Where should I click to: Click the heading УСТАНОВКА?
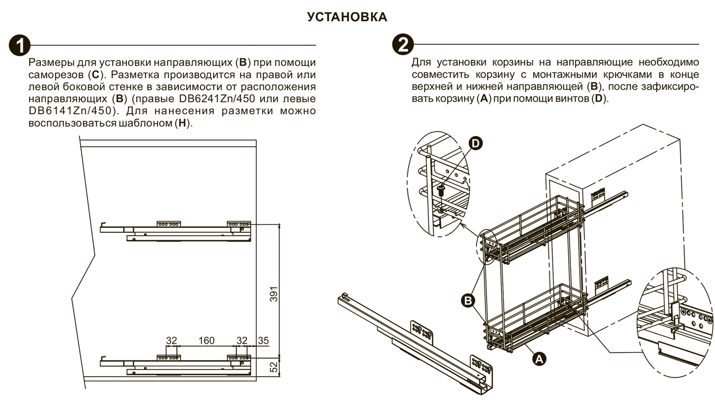tap(347, 17)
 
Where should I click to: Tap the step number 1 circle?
tap(19, 45)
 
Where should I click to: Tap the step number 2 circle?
tap(403, 45)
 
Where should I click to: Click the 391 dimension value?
tap(274, 294)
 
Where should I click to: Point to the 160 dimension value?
tap(206, 341)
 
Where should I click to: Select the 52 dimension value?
tap(274, 367)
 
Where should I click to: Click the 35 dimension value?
tap(263, 341)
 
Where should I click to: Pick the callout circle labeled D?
tap(475, 143)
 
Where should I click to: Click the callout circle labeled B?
tap(468, 300)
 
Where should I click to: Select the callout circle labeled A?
tap(539, 359)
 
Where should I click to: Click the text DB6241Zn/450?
tap(217, 99)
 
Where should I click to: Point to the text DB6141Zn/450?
tap(70, 111)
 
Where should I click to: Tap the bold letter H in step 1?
tap(182, 123)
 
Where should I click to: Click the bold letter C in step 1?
tap(96, 75)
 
